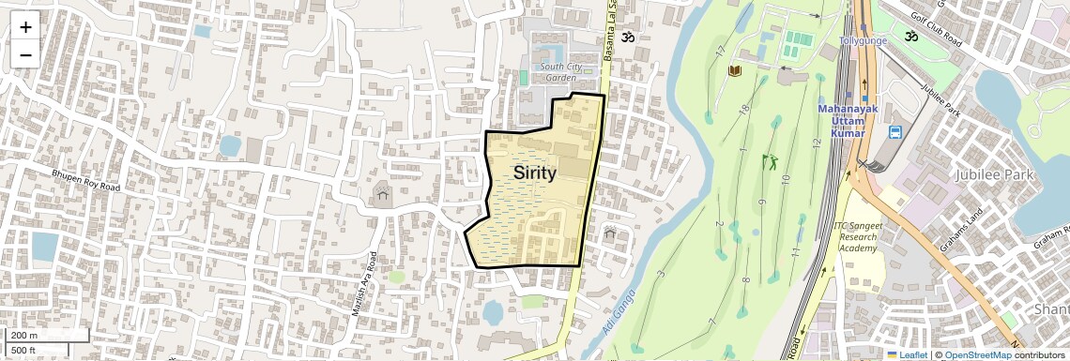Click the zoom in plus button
point(25,27)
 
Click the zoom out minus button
point(25,54)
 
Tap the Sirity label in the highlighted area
point(534,173)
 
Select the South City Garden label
point(560,71)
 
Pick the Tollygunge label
point(863,41)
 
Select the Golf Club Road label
point(940,28)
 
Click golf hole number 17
point(720,50)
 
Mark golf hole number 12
point(816,143)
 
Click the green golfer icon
point(772,162)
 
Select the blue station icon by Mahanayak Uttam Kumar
point(894,132)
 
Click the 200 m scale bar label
point(24,336)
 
